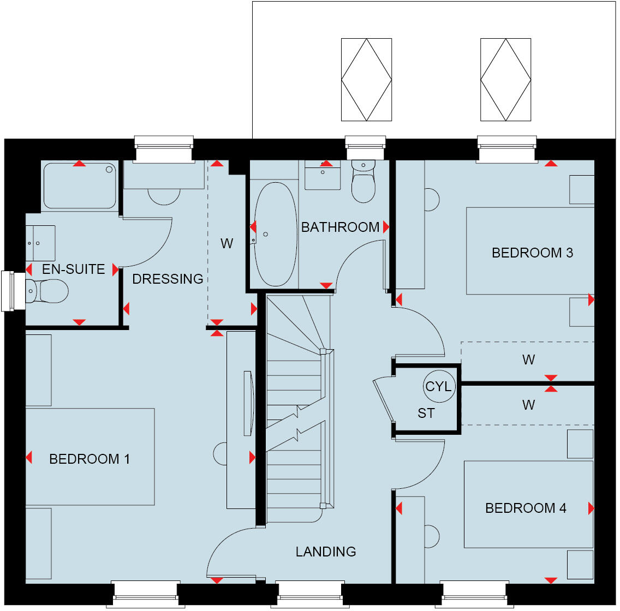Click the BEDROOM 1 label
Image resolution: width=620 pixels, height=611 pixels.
click(x=90, y=459)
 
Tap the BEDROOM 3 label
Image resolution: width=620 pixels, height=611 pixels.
click(x=532, y=253)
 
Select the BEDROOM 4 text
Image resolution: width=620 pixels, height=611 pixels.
click(x=526, y=508)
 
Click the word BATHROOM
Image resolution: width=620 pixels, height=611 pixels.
click(x=340, y=227)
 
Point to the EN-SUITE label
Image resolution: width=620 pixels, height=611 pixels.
click(x=73, y=269)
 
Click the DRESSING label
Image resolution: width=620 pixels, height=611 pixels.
click(x=168, y=279)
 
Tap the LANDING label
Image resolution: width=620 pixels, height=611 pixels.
click(x=326, y=552)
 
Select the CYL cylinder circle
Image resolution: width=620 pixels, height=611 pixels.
click(x=439, y=386)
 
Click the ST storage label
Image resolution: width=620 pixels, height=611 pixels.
click(x=426, y=414)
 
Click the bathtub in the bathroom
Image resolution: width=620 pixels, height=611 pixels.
click(x=276, y=235)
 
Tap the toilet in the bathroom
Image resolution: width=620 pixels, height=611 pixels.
click(x=363, y=183)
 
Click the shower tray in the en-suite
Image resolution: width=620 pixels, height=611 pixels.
click(x=80, y=185)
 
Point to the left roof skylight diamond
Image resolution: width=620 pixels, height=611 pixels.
click(x=366, y=80)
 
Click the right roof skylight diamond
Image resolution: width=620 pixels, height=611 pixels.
click(x=505, y=80)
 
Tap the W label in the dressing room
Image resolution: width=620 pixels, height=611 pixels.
click(x=226, y=243)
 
